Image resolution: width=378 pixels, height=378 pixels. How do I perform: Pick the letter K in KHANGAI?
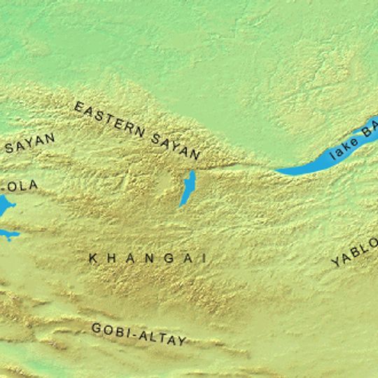pyautogui.click(x=93, y=258)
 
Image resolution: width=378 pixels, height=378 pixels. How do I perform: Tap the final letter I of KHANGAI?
pyautogui.click(x=204, y=258)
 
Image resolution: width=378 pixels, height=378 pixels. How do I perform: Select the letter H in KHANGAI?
pyautogui.click(x=111, y=258)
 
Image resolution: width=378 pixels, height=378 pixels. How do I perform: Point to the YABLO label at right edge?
pyautogui.click(x=355, y=253)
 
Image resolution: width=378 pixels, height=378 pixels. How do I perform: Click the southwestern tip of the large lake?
pyautogui.click(x=279, y=171)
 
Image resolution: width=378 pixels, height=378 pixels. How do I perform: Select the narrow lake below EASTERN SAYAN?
pyautogui.click(x=186, y=189)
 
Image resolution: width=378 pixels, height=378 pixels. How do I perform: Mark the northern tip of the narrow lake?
pyautogui.click(x=191, y=173)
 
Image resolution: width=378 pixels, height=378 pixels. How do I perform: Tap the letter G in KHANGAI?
pyautogui.click(x=168, y=258)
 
